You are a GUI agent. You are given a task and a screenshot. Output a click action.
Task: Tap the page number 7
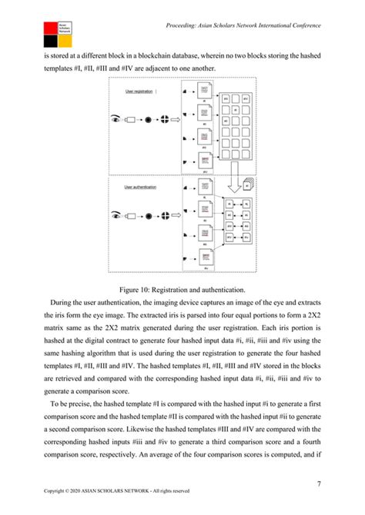(318, 483)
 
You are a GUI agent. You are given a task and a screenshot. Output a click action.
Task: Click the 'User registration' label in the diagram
(139, 91)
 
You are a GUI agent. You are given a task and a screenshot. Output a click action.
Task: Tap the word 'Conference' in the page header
(300, 26)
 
